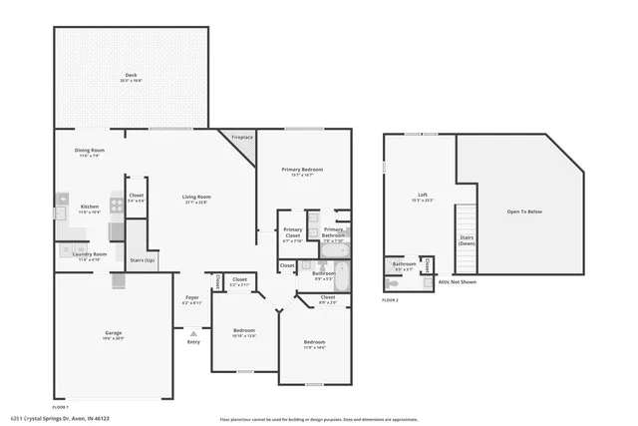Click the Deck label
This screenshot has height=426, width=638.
coord(132,76)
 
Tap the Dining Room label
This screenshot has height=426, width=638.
coord(90,151)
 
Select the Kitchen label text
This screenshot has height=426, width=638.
coord(90,209)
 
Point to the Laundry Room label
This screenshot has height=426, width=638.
coord(90,253)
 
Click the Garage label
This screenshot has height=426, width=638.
coord(114,333)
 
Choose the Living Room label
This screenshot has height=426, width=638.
coord(195,197)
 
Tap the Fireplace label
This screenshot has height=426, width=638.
coord(241,137)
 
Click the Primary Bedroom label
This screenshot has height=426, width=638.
coord(303,170)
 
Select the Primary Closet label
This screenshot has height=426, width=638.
coord(292,236)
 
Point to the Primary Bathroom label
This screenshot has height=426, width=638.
coord(334,236)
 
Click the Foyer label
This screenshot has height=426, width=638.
coord(192,299)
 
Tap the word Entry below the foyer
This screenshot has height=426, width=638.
coord(193,342)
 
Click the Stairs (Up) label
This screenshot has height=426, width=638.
coord(143,259)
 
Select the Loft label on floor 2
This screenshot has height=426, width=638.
coord(423,195)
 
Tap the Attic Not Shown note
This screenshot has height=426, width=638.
coord(458,282)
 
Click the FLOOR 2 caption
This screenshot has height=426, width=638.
coord(391,299)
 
